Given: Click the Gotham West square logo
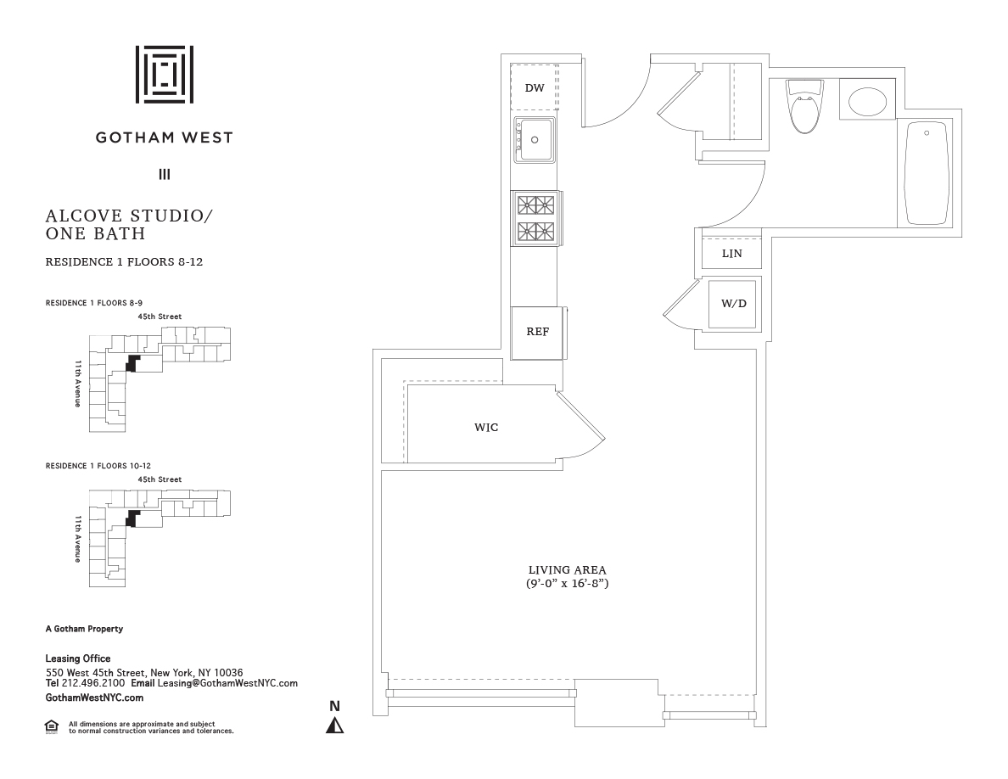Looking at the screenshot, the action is (x=165, y=75).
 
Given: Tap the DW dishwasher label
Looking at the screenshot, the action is (x=535, y=88).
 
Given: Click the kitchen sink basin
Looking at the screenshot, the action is (x=535, y=139).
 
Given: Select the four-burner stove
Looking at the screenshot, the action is (x=536, y=218).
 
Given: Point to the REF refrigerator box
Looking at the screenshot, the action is (x=538, y=333).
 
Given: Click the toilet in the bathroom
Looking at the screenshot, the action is (x=805, y=106).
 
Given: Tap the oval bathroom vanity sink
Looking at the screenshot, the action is (x=868, y=102).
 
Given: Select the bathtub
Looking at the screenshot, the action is (x=927, y=174).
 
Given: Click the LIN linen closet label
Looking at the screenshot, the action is (x=731, y=254).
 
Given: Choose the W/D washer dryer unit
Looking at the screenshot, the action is (x=732, y=304).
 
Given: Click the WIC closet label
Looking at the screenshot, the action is (x=486, y=428).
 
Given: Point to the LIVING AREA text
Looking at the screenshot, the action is (x=567, y=570).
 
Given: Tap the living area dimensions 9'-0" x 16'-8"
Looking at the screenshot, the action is (x=567, y=584).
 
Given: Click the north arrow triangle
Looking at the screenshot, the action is (x=334, y=725).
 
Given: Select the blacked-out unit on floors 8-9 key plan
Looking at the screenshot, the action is (x=132, y=363).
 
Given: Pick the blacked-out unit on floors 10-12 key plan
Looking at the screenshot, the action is (x=132, y=518).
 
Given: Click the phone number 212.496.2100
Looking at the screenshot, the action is (x=93, y=683).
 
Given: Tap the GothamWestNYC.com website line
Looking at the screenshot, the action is (x=94, y=698).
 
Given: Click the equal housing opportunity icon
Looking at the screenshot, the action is (x=52, y=727).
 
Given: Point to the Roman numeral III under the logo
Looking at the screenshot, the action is (x=165, y=174).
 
